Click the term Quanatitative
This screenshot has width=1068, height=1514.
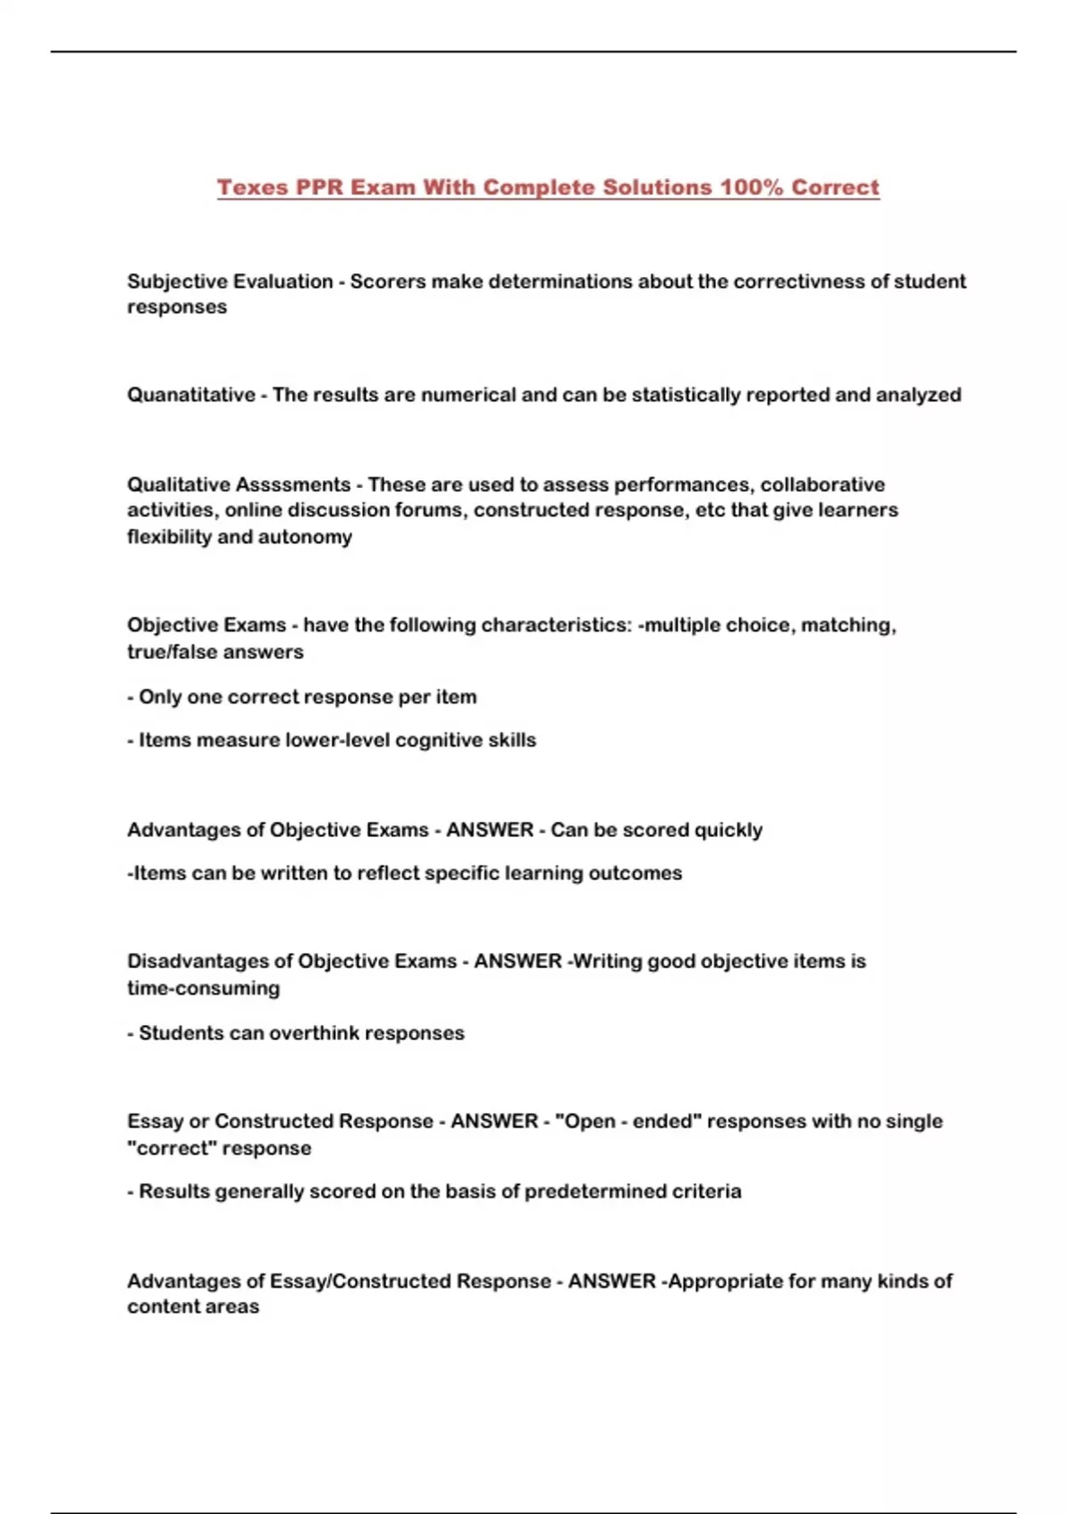tap(190, 395)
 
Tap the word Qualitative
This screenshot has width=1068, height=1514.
tap(178, 484)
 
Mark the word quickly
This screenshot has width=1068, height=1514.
tap(728, 830)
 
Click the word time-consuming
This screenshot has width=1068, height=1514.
tap(204, 988)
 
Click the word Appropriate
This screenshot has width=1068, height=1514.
tap(724, 1281)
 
